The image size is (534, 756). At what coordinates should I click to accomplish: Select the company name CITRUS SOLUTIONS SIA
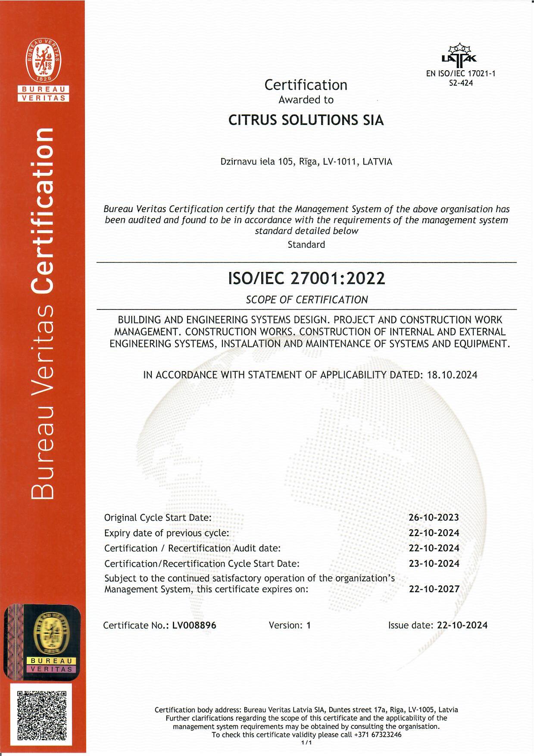[x=306, y=120]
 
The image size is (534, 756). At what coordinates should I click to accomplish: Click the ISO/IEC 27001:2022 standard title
[x=306, y=279]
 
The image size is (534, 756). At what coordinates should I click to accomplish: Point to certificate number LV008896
[x=194, y=625]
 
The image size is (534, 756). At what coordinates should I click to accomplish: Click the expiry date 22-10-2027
[x=434, y=589]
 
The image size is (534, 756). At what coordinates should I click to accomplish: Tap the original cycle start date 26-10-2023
[x=434, y=517]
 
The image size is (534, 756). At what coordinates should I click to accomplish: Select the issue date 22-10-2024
[x=462, y=625]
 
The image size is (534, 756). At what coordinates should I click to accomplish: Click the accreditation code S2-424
[x=461, y=83]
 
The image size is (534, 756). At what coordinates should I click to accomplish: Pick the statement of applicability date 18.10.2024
[x=452, y=375]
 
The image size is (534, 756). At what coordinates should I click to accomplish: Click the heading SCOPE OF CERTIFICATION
[x=306, y=300]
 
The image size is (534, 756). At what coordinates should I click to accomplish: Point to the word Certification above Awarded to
[x=306, y=85]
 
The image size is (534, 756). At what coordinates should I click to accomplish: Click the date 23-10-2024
[x=434, y=563]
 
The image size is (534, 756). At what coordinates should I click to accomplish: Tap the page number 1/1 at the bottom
[x=306, y=743]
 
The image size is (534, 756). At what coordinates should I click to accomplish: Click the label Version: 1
[x=289, y=625]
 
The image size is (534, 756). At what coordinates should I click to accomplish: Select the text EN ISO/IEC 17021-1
[x=461, y=74]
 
